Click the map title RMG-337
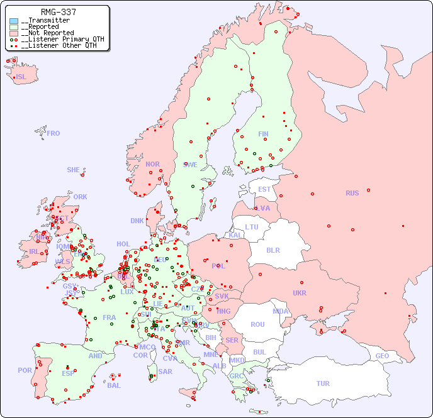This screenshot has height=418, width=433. tap(58, 12)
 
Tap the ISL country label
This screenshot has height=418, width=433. tap(21, 77)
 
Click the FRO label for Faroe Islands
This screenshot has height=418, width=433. tap(53, 133)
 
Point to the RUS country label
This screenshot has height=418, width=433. tap(352, 193)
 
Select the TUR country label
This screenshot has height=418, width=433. tap(323, 383)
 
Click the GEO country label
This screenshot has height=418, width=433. tap(382, 356)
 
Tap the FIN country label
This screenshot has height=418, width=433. tap(263, 134)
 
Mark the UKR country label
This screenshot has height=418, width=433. tap(299, 293)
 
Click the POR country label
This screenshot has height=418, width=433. tap(25, 370)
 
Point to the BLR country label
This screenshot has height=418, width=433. tap(273, 250)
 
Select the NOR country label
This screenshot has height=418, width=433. tap(152, 164)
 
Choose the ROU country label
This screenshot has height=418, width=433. tap(257, 324)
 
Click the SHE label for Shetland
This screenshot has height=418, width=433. tap(74, 170)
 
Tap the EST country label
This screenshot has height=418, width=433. tap(264, 189)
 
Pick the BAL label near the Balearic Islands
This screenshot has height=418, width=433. tap(114, 385)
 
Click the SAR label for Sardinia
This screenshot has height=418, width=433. tap(165, 371)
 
